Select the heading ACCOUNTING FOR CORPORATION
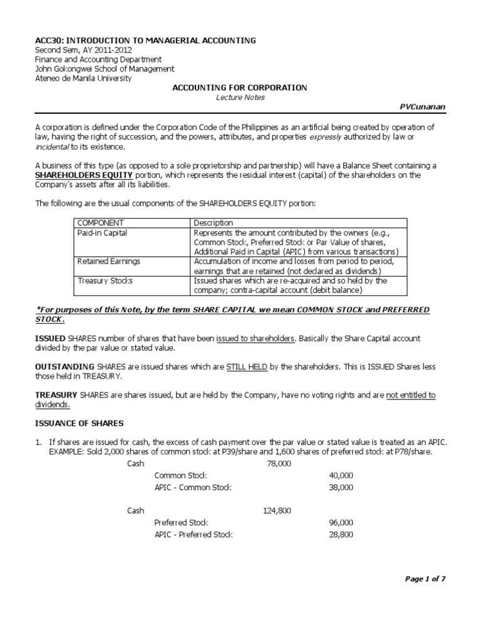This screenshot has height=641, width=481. (x=240, y=88)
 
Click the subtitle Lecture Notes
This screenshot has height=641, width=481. (x=240, y=98)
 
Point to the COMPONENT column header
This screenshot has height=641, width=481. (x=101, y=223)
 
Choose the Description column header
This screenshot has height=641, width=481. (x=213, y=223)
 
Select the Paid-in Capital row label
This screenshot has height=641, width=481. (x=102, y=233)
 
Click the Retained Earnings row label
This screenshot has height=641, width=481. (x=108, y=261)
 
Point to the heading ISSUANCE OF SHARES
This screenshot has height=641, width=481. (x=79, y=424)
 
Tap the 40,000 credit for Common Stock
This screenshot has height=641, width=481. (x=341, y=476)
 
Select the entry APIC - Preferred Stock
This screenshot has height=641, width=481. (x=194, y=535)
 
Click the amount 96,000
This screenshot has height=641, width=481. (x=341, y=523)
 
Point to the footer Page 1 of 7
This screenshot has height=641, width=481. (x=425, y=580)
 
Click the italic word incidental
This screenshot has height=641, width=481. (x=52, y=146)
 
